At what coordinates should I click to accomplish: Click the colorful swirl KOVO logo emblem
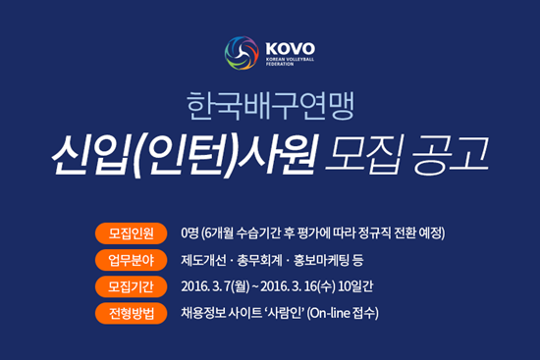click(x=242, y=53)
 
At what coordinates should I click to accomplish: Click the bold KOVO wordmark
click(x=290, y=49)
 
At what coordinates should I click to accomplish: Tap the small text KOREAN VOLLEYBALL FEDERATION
click(x=290, y=62)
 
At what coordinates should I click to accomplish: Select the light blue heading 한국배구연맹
click(x=270, y=106)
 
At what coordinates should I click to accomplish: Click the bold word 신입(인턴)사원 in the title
click(x=185, y=156)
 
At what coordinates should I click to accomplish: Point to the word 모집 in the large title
click(x=363, y=155)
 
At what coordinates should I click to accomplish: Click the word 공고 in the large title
click(x=451, y=155)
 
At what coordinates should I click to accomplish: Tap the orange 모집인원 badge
click(x=132, y=233)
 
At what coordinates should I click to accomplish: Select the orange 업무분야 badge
click(x=132, y=260)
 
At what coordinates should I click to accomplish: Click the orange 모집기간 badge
click(x=132, y=286)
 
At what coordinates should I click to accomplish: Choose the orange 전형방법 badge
click(x=132, y=313)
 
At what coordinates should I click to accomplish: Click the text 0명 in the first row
click(x=189, y=233)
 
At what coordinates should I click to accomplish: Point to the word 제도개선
click(x=203, y=260)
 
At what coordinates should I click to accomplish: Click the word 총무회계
click(x=259, y=260)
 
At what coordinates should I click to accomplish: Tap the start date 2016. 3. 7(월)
click(x=215, y=286)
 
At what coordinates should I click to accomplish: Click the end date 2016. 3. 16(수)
click(x=297, y=286)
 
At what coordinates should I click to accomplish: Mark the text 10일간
click(x=355, y=286)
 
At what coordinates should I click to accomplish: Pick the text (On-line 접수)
click(x=343, y=313)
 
